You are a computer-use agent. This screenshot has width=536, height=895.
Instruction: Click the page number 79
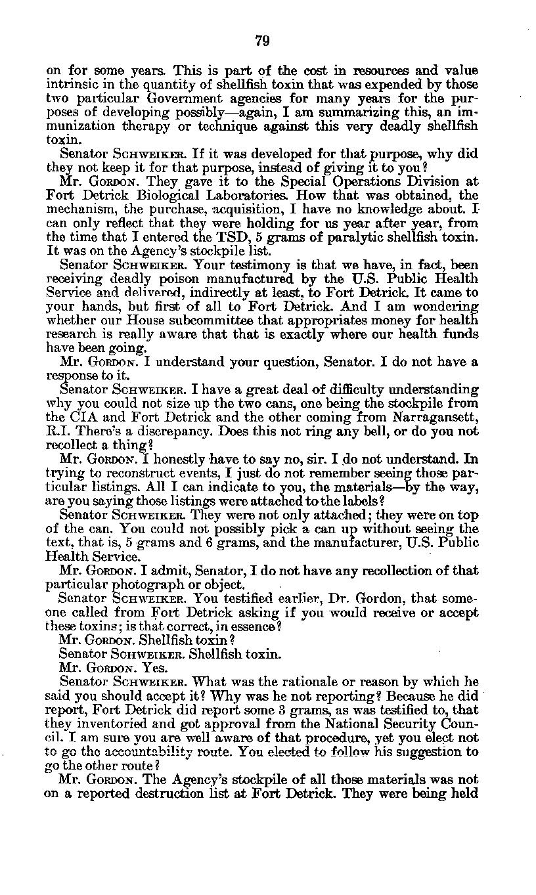[261, 41]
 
